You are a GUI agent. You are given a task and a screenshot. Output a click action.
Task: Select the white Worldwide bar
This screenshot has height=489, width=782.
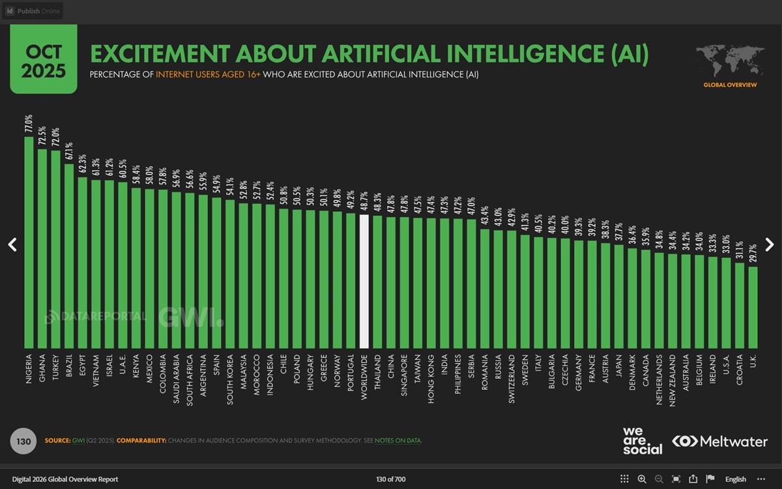(364, 281)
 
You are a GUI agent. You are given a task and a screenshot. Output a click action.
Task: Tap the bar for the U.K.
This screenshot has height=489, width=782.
(753, 307)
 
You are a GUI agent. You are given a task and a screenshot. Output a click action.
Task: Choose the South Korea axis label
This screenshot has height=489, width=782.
(230, 380)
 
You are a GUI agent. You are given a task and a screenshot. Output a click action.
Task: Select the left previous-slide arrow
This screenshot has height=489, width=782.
(12, 244)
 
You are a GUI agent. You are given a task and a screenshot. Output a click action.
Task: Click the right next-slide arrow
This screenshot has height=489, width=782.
(770, 244)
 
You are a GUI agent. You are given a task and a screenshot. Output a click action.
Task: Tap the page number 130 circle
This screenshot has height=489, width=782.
(23, 441)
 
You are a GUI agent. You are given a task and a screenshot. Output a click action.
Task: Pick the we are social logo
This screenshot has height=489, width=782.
(642, 441)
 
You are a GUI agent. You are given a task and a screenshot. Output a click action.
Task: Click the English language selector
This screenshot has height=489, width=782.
(736, 479)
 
